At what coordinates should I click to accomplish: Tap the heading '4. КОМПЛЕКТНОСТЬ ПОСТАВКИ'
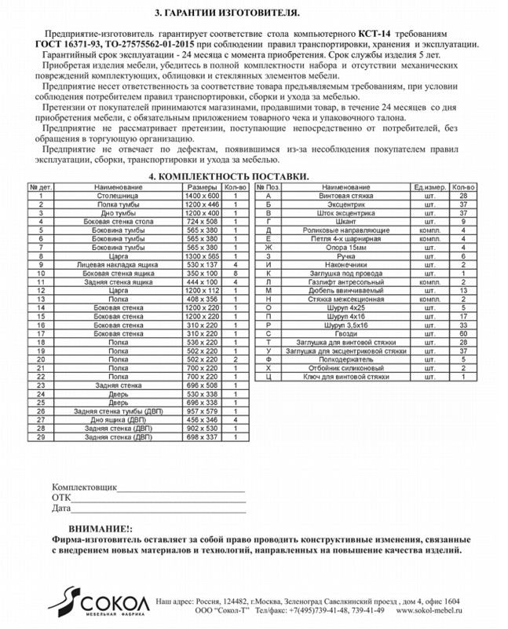(x=228, y=178)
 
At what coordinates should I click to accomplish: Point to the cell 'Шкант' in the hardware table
(x=346, y=221)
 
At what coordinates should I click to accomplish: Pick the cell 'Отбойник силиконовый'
(x=346, y=368)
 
